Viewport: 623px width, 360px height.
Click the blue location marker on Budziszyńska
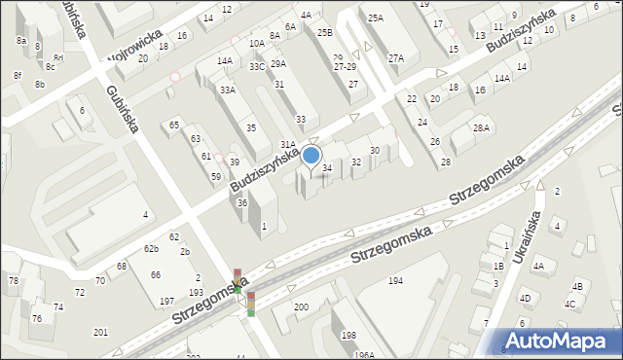(311, 155)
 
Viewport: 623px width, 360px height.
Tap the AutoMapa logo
(559, 341)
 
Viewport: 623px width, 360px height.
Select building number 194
(395, 280)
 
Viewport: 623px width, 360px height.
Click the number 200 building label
(301, 307)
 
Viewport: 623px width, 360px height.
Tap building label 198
(348, 336)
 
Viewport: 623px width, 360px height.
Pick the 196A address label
(364, 355)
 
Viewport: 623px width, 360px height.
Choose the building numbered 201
(100, 333)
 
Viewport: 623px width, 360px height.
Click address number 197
(166, 301)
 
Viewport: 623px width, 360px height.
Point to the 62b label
(151, 249)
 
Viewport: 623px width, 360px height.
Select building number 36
(241, 202)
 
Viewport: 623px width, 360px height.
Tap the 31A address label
(288, 144)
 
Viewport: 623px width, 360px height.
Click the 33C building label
(256, 66)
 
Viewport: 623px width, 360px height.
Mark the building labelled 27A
(395, 58)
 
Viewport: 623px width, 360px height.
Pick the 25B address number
(324, 33)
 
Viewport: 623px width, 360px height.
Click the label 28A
(480, 128)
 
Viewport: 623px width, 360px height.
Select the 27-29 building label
(345, 67)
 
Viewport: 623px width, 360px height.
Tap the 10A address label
(256, 44)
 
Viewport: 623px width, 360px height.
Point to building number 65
(174, 125)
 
